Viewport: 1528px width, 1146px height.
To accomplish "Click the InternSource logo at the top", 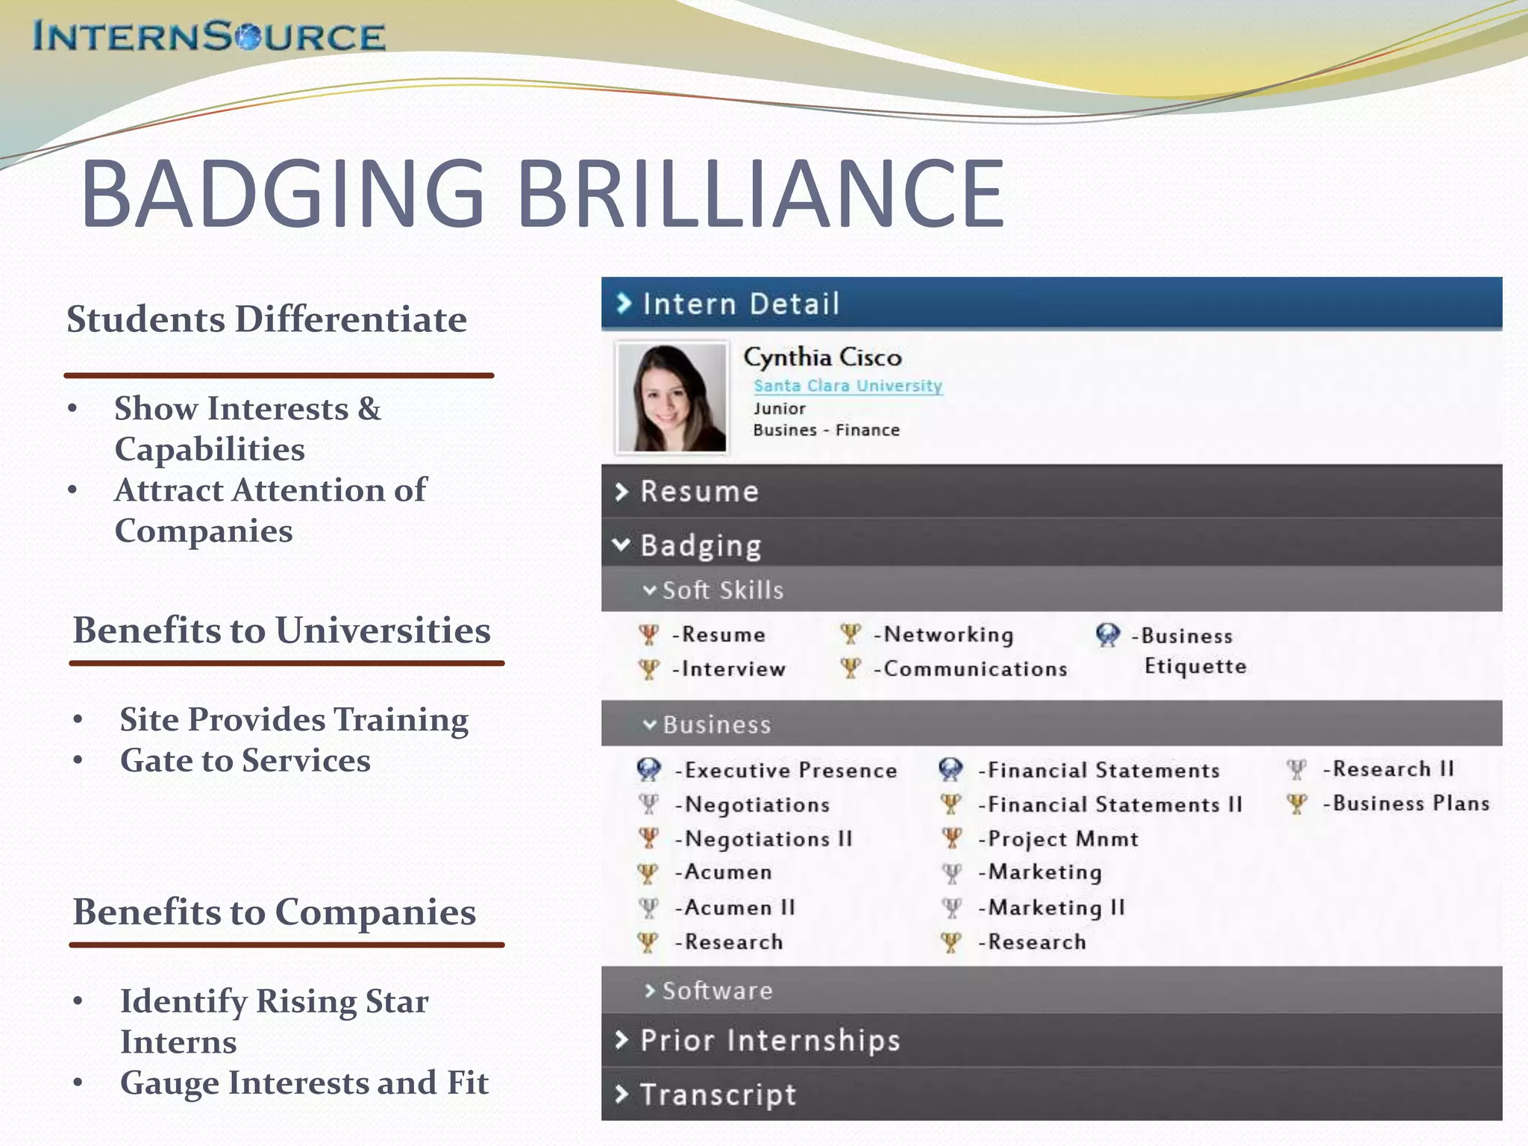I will [209, 37].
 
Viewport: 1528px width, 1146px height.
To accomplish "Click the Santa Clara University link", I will [848, 386].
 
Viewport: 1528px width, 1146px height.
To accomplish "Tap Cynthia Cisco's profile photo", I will [671, 397].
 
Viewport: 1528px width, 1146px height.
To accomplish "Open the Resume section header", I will [699, 492].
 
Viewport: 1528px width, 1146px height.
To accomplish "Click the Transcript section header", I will [718, 1095].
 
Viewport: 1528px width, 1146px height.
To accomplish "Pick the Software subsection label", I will [717, 991].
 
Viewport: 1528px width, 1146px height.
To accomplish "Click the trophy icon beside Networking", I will [850, 634].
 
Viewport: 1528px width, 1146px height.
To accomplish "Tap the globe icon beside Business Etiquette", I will [1107, 635].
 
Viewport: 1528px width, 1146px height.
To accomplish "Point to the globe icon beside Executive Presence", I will [648, 769].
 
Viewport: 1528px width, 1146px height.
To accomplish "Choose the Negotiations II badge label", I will [768, 839].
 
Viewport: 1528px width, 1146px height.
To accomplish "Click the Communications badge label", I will [974, 668].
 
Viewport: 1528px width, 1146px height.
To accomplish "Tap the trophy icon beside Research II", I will [1297, 769].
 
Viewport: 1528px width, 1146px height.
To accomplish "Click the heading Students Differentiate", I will [266, 319].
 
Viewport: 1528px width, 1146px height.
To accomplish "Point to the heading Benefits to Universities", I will [281, 630].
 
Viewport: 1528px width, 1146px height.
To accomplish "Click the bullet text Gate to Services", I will [245, 760].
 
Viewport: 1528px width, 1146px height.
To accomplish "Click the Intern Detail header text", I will [740, 304].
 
